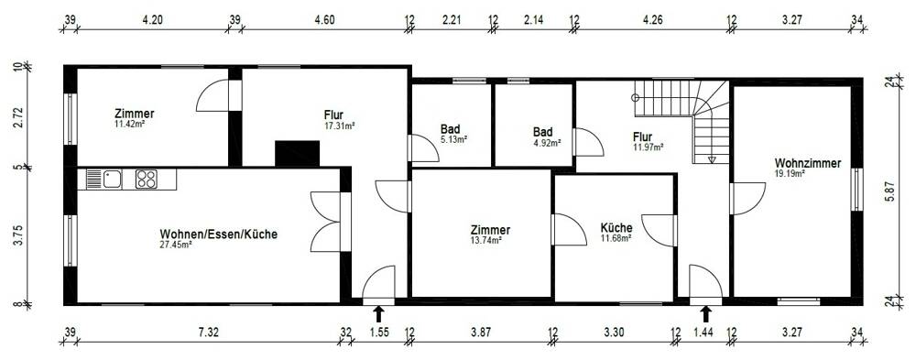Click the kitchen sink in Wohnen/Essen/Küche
pos(112,179)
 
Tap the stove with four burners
pos(147,179)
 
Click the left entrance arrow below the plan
pos(378,314)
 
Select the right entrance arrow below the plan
pos(705,314)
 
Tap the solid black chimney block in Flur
pos(297,153)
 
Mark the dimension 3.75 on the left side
pos(17,235)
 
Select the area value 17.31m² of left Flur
pos(339,125)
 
